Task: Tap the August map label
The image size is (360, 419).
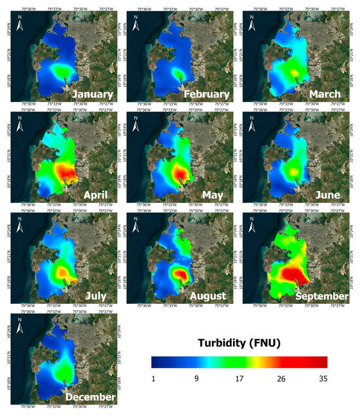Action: click(x=208, y=296)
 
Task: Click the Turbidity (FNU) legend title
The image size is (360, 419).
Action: click(x=238, y=342)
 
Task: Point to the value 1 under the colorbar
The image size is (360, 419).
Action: click(x=153, y=378)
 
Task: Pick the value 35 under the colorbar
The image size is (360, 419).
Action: click(x=323, y=378)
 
